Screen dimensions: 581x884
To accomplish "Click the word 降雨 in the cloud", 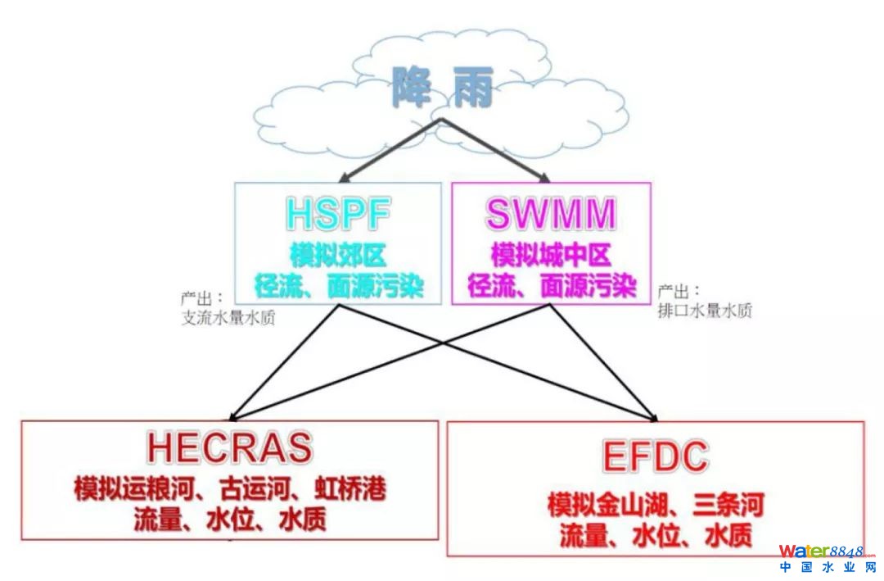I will (442, 88).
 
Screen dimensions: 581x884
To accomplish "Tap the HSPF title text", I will (337, 213).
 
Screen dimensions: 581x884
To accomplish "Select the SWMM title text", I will (551, 213).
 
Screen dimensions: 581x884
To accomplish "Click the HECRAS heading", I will (230, 447).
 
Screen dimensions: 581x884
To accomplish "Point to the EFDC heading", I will (655, 456).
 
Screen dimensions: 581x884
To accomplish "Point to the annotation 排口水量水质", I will (705, 311).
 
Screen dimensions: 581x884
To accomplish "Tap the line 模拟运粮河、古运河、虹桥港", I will (230, 490).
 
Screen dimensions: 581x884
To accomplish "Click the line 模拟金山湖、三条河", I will (655, 504).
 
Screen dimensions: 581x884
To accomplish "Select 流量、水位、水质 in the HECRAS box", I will (230, 520).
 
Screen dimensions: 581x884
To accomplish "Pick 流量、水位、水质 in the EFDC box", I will (656, 536).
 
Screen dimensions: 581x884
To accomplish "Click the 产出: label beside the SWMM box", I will (679, 291).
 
